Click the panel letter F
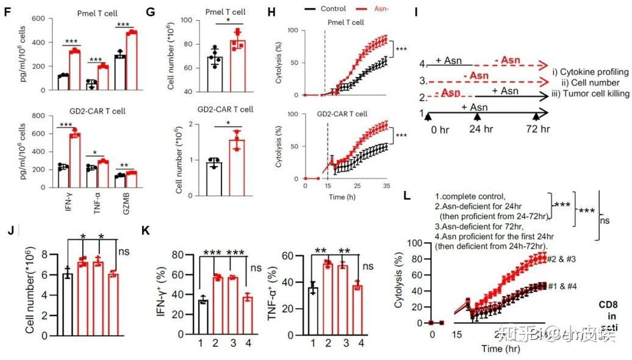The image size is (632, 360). coord(8,10)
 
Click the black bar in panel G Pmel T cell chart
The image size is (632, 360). coord(214,74)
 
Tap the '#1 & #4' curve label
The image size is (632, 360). coord(562,286)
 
